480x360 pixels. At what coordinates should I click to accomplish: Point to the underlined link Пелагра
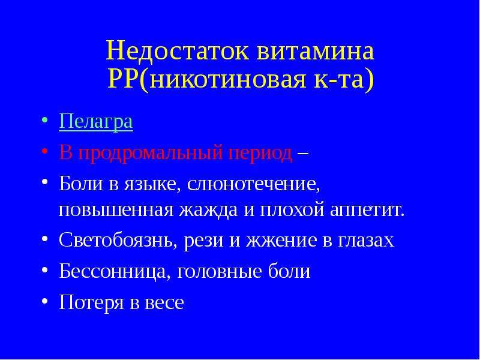[96, 122]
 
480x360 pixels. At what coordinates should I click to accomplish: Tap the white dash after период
[302, 153]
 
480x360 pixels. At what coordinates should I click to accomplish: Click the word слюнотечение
[253, 185]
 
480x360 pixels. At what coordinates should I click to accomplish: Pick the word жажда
[208, 211]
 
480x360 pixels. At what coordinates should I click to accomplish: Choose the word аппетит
[367, 211]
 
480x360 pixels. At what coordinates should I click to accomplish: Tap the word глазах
[366, 241]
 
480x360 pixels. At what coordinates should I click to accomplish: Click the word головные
[220, 272]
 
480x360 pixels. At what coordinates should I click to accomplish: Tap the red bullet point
[44, 152]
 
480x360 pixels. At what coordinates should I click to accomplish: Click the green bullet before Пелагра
[44, 121]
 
